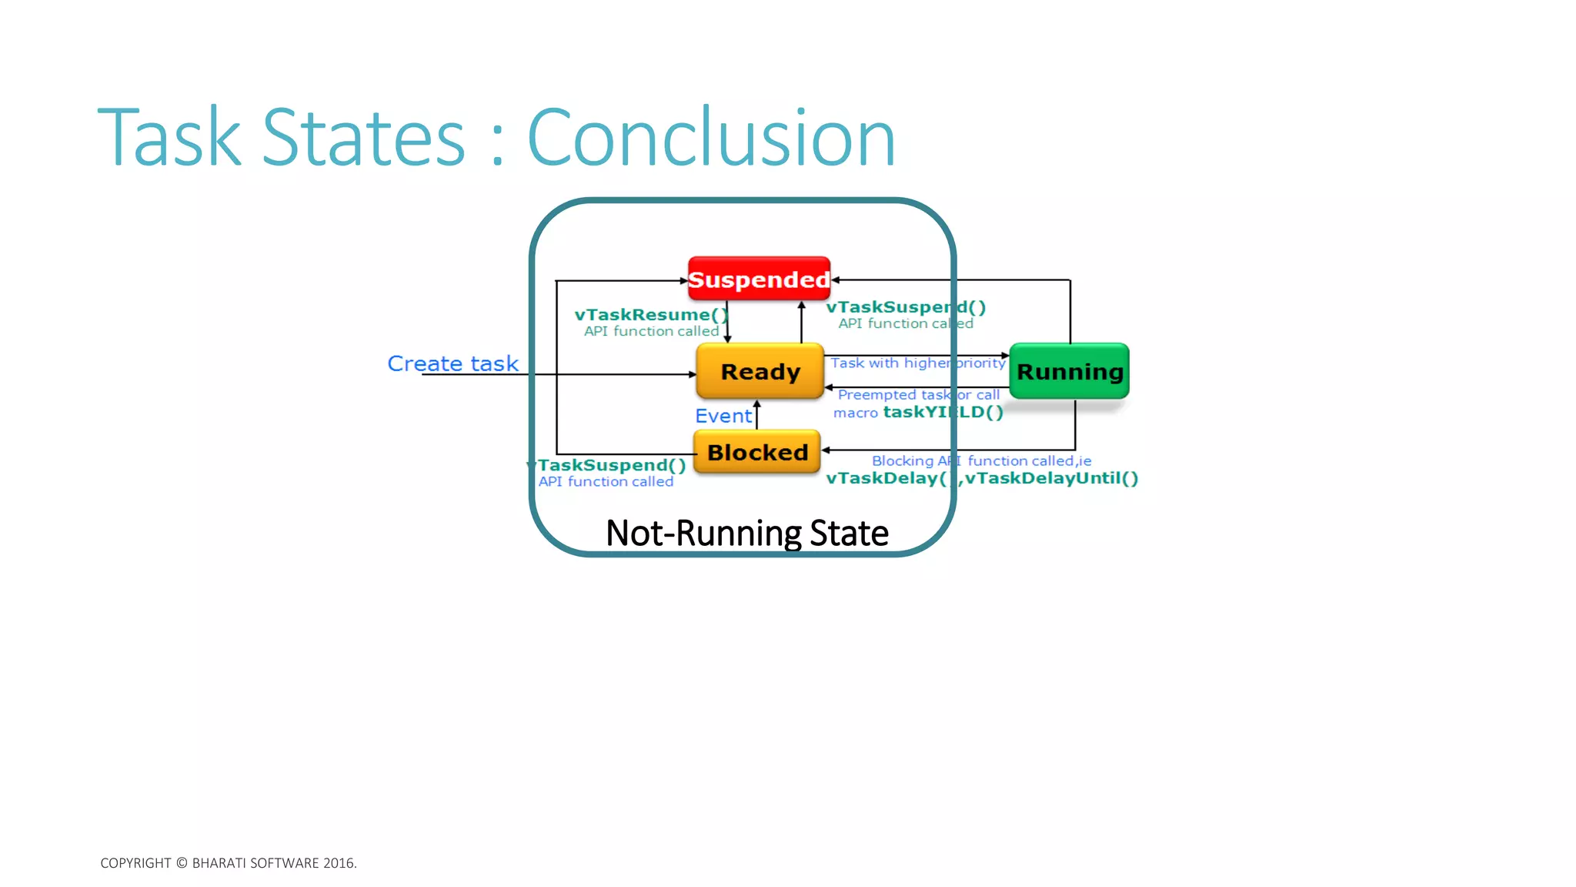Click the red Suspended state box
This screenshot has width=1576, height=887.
[759, 279]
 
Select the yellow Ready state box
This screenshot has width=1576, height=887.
[760, 372]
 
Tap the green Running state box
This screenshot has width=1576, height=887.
[1069, 372]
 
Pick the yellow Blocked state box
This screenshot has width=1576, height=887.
[757, 452]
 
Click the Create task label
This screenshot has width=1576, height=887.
[452, 363]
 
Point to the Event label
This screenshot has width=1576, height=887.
[723, 416]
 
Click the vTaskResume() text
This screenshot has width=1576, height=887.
[650, 315]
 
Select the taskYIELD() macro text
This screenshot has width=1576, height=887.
[943, 412]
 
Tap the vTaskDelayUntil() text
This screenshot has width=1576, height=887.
[1051, 478]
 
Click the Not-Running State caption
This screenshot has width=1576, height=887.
[746, 533]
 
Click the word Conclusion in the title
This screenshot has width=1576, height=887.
[711, 138]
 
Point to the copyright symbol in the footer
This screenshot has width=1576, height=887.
[182, 863]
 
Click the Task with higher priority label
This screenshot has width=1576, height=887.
[917, 363]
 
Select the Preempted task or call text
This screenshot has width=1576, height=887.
[918, 395]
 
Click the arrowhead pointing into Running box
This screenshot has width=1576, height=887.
[1005, 356]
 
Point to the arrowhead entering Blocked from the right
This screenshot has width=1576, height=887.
[826, 450]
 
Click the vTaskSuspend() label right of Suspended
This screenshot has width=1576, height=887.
[905, 307]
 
